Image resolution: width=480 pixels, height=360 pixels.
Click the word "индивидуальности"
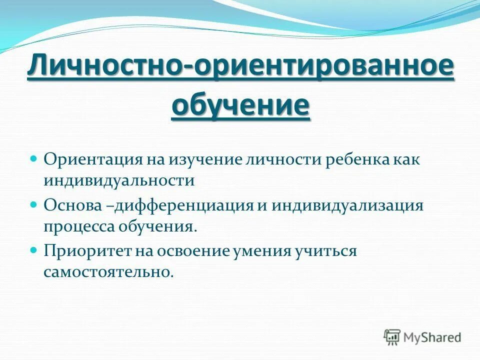point(118,180)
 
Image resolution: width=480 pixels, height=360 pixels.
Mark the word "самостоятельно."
point(108,272)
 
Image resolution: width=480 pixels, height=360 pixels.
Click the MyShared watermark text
point(432,337)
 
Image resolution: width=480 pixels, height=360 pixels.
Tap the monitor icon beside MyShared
point(392,337)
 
